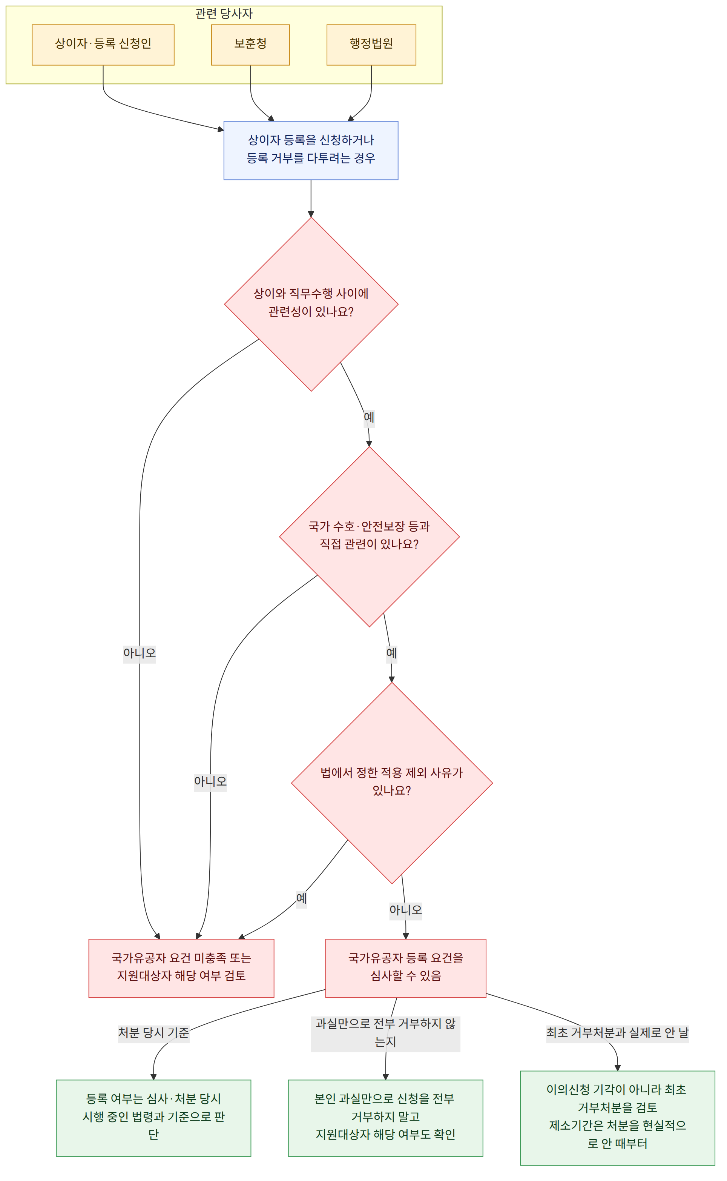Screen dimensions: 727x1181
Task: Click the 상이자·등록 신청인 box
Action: (x=103, y=45)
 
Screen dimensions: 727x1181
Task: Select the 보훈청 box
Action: (x=250, y=45)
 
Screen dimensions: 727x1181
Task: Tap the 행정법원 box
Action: (x=371, y=45)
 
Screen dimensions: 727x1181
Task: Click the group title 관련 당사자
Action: (x=224, y=14)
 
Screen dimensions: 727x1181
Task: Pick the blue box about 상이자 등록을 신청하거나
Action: (x=311, y=151)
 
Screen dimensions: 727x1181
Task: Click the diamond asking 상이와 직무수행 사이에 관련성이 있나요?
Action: (x=311, y=304)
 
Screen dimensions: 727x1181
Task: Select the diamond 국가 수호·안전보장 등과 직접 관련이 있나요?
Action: (x=369, y=537)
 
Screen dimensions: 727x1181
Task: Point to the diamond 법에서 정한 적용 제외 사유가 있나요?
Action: (x=392, y=783)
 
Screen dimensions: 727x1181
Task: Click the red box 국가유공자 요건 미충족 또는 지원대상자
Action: (x=181, y=968)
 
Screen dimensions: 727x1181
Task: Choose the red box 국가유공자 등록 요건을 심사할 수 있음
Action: (x=406, y=968)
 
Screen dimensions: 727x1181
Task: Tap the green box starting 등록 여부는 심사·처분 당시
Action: (x=153, y=1118)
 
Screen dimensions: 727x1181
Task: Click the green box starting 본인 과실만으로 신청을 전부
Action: (x=386, y=1118)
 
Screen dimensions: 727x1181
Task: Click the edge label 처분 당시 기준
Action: (x=154, y=1033)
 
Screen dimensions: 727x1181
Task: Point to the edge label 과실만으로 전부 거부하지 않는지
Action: (x=386, y=1033)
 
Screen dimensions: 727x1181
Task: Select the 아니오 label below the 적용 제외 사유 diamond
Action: (x=406, y=910)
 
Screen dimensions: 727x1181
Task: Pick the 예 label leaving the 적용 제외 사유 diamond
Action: (x=302, y=898)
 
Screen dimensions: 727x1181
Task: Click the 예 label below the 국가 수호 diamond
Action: (x=391, y=653)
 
